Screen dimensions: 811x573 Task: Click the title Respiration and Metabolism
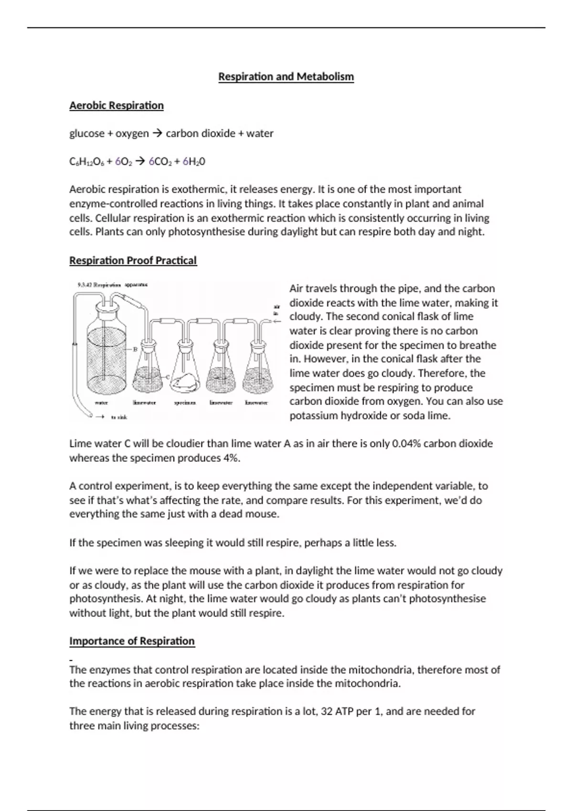pyautogui.click(x=286, y=76)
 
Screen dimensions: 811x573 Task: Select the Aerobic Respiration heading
pyautogui.click(x=117, y=105)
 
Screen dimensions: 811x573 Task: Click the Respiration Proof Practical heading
pyautogui.click(x=133, y=260)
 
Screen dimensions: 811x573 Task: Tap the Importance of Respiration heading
pyautogui.click(x=132, y=641)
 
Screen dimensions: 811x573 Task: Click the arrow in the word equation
pyautogui.click(x=157, y=134)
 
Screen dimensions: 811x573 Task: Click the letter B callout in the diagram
pyautogui.click(x=135, y=349)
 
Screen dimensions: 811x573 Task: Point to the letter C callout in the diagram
pyautogui.click(x=168, y=377)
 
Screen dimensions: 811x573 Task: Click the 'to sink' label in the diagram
pyautogui.click(x=118, y=417)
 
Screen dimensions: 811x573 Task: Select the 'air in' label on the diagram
pyautogui.click(x=276, y=310)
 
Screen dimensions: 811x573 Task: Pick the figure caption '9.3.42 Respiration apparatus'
pyautogui.click(x=112, y=285)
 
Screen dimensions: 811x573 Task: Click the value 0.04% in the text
pyautogui.click(x=406, y=444)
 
